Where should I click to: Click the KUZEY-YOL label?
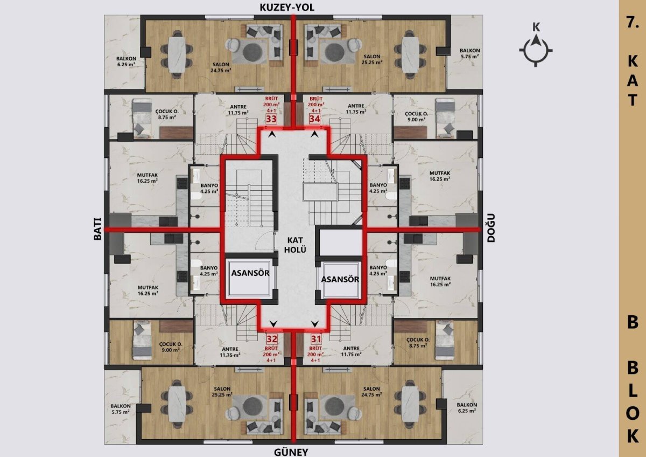[x=287, y=8]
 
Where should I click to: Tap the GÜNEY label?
[x=291, y=452]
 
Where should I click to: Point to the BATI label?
[x=98, y=228]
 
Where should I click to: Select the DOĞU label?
[x=490, y=228]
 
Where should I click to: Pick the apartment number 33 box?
[x=271, y=119]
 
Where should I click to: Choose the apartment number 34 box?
[x=314, y=119]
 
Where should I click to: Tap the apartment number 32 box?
[x=272, y=339]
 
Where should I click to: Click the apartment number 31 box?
[x=316, y=339]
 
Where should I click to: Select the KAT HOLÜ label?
[x=295, y=245]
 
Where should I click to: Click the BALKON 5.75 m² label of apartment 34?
[x=470, y=53]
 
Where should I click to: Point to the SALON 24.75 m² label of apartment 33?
[x=221, y=67]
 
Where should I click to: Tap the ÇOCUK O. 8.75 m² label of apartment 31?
[x=418, y=342]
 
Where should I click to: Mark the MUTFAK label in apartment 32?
[x=148, y=288]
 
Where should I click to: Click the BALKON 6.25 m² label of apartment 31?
[x=467, y=407]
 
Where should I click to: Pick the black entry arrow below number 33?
[x=272, y=134]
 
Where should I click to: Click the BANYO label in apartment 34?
[x=378, y=185]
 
